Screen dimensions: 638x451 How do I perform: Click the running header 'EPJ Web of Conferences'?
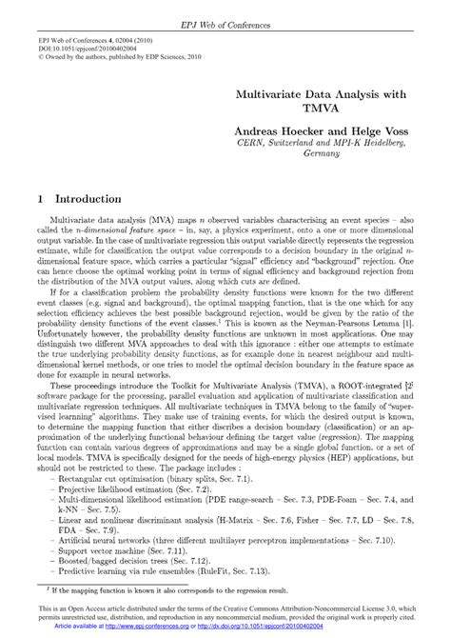pyautogui.click(x=225, y=9)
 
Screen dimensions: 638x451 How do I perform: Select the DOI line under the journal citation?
pyautogui.click(x=86, y=47)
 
